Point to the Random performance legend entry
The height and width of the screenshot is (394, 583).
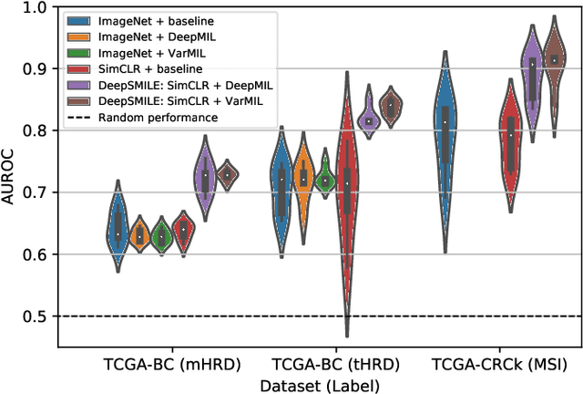click(146, 117)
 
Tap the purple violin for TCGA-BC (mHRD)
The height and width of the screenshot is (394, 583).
click(205, 178)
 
